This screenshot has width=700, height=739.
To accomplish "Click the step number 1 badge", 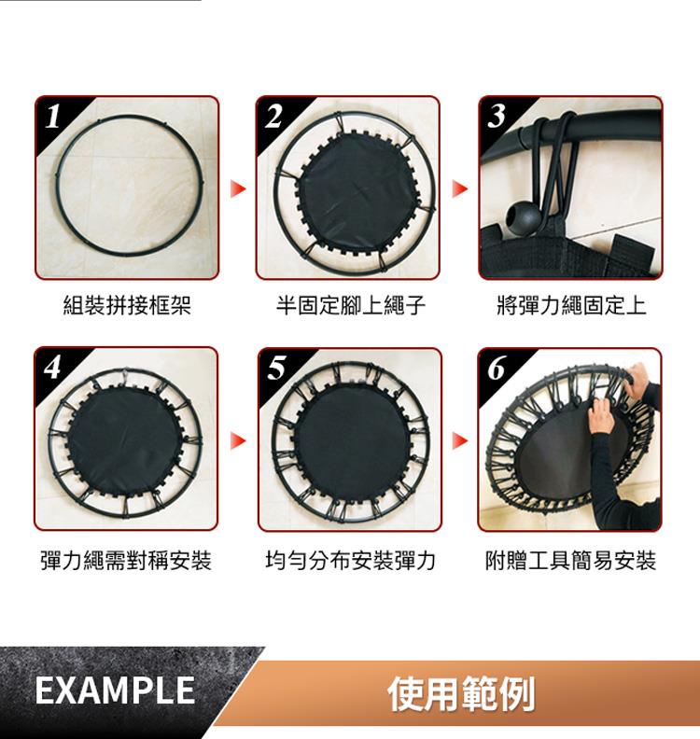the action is (x=53, y=116).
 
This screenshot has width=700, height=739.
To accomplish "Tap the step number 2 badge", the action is (x=273, y=116).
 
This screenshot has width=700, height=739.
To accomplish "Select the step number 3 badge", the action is (x=497, y=116).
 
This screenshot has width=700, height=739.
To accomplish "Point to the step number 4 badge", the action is (x=52, y=367).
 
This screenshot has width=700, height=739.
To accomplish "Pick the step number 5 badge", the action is (x=276, y=368).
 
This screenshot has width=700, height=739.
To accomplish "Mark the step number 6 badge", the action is (x=497, y=368).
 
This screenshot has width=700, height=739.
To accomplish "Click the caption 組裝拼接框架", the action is (x=127, y=305).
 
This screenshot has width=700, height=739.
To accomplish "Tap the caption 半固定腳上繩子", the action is (x=351, y=305).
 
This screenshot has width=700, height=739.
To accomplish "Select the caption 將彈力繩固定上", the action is (x=571, y=305).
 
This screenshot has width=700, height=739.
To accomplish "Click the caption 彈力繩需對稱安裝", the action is (x=126, y=561).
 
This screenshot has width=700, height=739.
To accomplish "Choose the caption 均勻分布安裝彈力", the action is (x=350, y=561).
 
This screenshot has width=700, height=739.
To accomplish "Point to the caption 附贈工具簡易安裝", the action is (x=571, y=561).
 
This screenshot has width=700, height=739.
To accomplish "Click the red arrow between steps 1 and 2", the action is (x=238, y=188).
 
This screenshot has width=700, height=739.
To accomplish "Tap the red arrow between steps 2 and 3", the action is (x=460, y=188).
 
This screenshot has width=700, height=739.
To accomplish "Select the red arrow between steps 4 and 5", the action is (x=238, y=440).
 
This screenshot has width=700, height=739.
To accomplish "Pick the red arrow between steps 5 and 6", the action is (x=460, y=440).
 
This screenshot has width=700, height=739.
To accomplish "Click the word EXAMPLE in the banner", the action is (x=115, y=690).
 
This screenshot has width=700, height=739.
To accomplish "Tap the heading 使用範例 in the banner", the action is (x=461, y=693).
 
